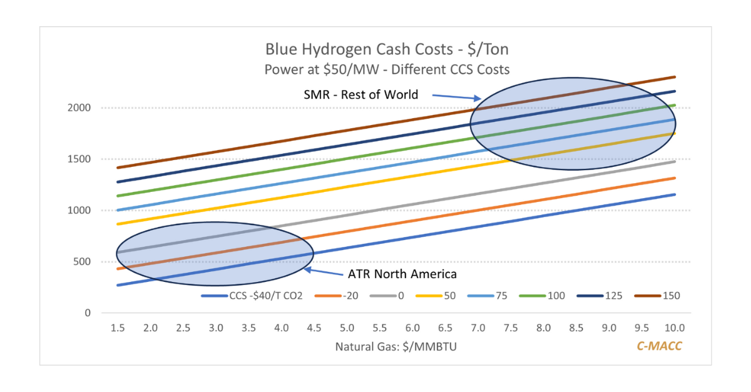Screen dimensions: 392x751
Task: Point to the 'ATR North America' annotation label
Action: click(402, 274)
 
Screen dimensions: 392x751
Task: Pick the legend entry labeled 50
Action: click(449, 296)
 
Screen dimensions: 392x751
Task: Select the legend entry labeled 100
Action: click(556, 296)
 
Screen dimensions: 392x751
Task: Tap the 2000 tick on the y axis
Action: click(79, 108)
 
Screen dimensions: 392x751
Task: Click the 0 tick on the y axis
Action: click(88, 313)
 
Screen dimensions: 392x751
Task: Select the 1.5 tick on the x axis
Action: click(117, 328)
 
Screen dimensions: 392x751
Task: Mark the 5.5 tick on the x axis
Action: click(379, 328)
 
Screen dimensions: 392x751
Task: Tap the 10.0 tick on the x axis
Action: click(674, 328)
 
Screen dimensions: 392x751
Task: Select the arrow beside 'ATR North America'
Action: click(323, 272)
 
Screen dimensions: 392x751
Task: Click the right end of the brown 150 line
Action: click(675, 77)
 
